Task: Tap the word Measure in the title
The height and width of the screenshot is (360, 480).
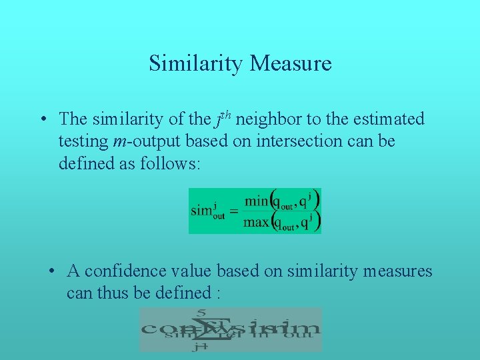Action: pos(291,64)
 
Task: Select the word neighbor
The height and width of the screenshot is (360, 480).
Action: pos(269,119)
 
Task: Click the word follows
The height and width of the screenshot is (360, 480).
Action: pos(169,164)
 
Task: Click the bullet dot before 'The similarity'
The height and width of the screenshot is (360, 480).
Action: pos(42,120)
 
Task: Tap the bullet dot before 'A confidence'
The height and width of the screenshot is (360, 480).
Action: pos(51,272)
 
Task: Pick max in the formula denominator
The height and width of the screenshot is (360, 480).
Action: pos(257,221)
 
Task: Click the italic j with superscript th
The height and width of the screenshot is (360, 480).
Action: pos(221,119)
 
